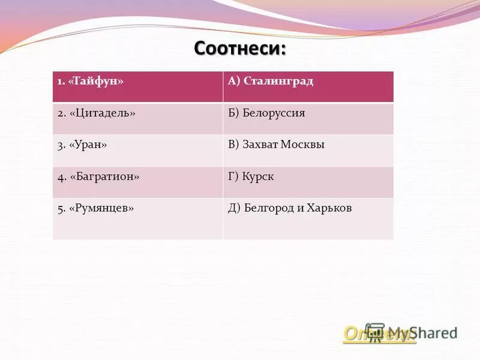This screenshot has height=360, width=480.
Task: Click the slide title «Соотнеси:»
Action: pos(240,47)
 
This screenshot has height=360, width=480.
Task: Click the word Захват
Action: pos(262,145)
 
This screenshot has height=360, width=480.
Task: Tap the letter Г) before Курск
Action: pos(233,176)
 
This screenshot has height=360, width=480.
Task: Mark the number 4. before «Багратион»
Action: pos(61,177)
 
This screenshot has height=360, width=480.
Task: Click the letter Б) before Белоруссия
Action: pos(234,113)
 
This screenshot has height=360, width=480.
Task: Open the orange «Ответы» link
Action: pos(378,334)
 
